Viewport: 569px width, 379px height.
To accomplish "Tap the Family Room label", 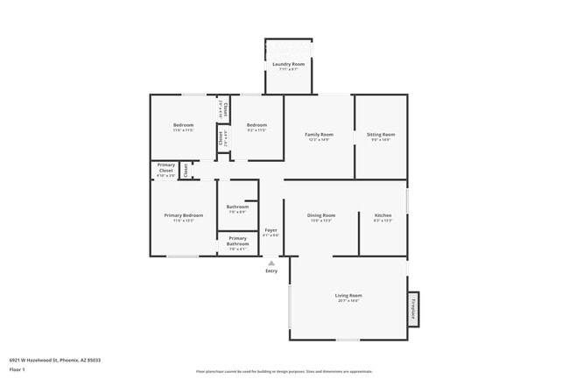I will [x=319, y=134].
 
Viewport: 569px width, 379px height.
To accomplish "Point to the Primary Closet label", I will [x=165, y=167].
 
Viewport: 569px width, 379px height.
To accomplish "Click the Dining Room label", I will [x=321, y=214].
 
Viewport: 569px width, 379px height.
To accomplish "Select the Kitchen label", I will [x=383, y=214].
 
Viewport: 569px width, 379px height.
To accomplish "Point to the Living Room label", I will [x=348, y=296].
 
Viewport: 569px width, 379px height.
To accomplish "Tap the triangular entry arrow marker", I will [x=271, y=262].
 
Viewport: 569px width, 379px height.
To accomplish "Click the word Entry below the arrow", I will [x=271, y=270].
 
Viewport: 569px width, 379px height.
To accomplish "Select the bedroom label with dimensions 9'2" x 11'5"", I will [x=256, y=125].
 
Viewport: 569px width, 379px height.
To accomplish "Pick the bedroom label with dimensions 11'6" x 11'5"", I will [x=183, y=125].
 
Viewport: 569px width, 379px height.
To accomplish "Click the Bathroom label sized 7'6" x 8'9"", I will [x=237, y=207].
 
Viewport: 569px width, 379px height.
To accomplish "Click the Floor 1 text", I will [x=18, y=369].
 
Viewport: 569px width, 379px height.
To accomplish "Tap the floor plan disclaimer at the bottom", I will [x=284, y=371].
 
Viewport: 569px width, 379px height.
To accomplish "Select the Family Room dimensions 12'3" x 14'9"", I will [x=319, y=139].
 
